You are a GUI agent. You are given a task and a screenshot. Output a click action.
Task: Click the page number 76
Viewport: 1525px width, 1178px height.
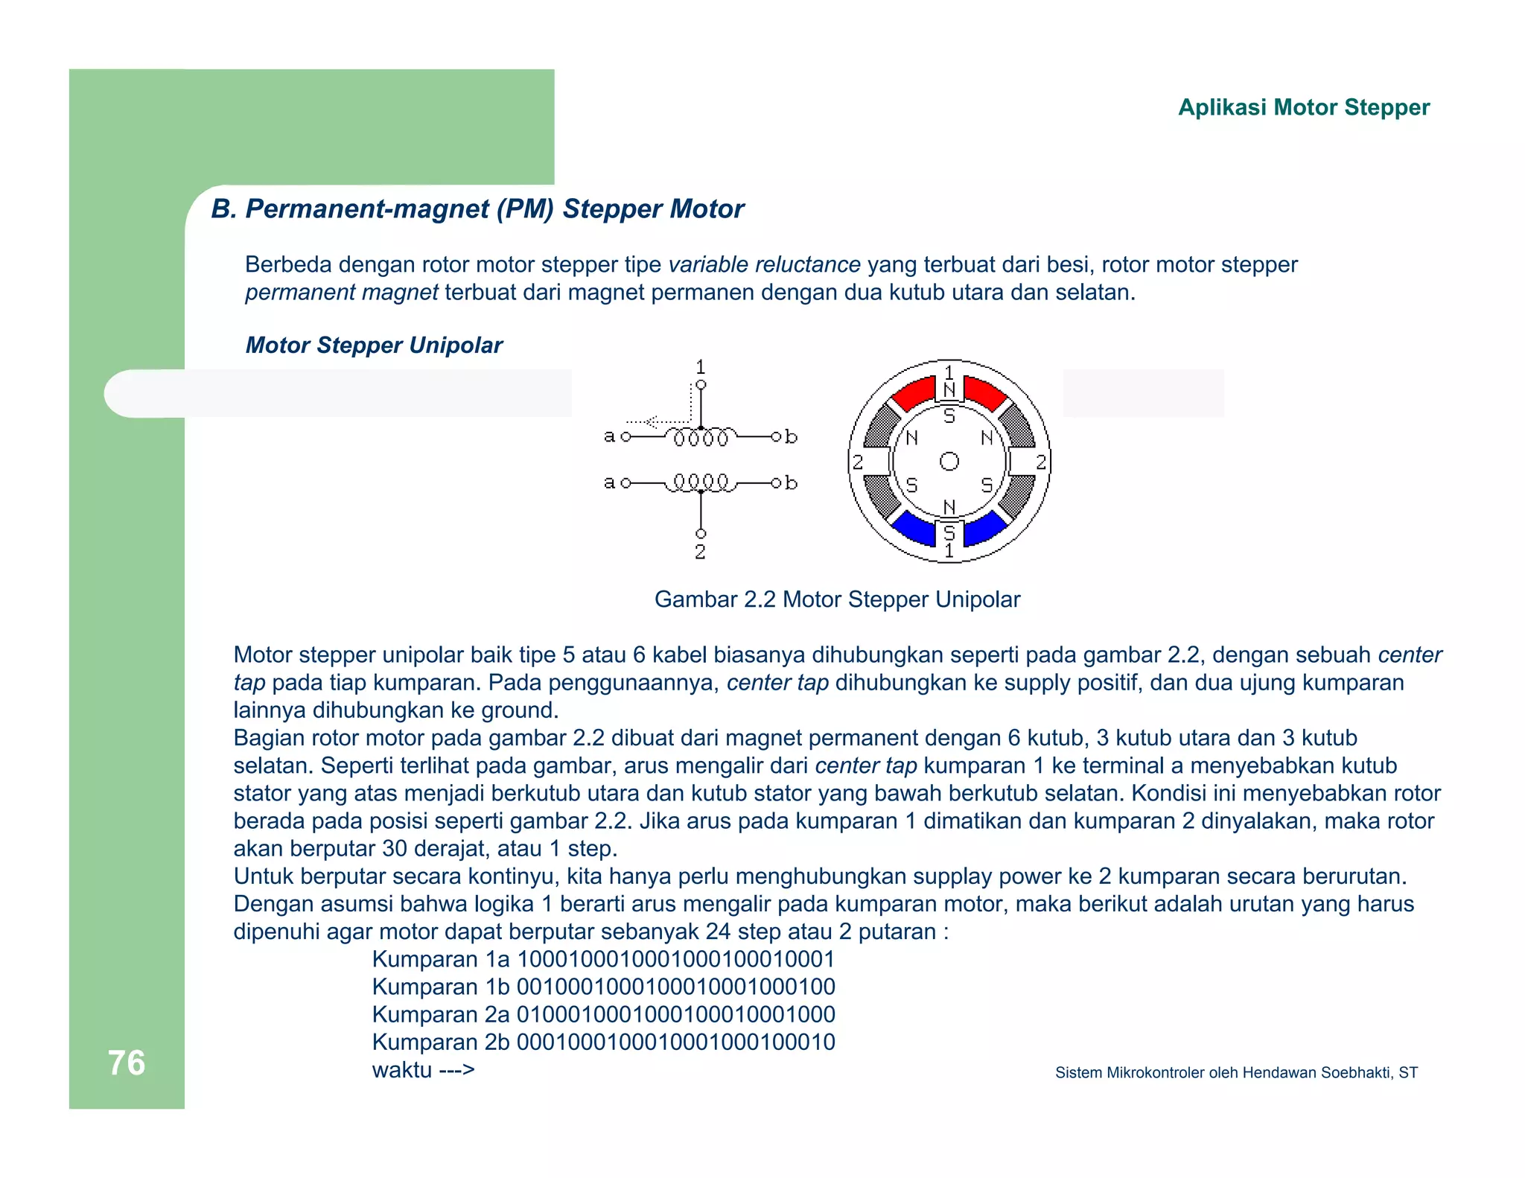(x=127, y=1063)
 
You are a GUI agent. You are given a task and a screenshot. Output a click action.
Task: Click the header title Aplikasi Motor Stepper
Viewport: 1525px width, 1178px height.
(x=1303, y=107)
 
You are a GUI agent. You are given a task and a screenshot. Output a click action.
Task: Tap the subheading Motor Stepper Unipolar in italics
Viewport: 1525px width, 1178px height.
(x=374, y=345)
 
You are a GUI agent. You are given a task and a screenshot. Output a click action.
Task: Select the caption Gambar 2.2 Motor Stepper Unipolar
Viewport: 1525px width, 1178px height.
(x=837, y=599)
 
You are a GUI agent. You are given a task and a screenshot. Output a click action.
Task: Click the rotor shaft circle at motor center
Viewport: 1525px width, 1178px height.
(x=949, y=462)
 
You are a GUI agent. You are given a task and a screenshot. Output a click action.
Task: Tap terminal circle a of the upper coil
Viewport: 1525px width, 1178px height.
(x=625, y=436)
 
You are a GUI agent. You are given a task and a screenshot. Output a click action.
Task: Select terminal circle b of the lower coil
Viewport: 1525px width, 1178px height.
(x=777, y=483)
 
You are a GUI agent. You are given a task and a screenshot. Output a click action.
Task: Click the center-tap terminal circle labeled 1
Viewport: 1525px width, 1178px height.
(x=701, y=385)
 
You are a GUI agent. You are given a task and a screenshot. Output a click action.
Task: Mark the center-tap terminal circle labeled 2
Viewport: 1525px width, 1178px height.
(x=701, y=534)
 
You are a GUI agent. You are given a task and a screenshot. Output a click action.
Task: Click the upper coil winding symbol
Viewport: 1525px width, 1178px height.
(x=701, y=437)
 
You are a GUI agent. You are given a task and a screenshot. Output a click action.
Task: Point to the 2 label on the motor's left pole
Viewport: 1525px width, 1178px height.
(x=858, y=462)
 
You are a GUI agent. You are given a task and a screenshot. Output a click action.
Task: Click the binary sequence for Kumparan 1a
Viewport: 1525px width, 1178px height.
(x=675, y=959)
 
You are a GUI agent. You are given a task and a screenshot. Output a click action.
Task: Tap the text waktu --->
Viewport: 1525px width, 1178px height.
(x=423, y=1070)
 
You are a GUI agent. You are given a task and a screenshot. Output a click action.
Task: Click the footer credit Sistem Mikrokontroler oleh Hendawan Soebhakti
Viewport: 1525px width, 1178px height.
(x=1236, y=1072)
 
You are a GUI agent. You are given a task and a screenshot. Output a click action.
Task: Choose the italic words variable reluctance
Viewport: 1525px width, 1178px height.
(x=764, y=264)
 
